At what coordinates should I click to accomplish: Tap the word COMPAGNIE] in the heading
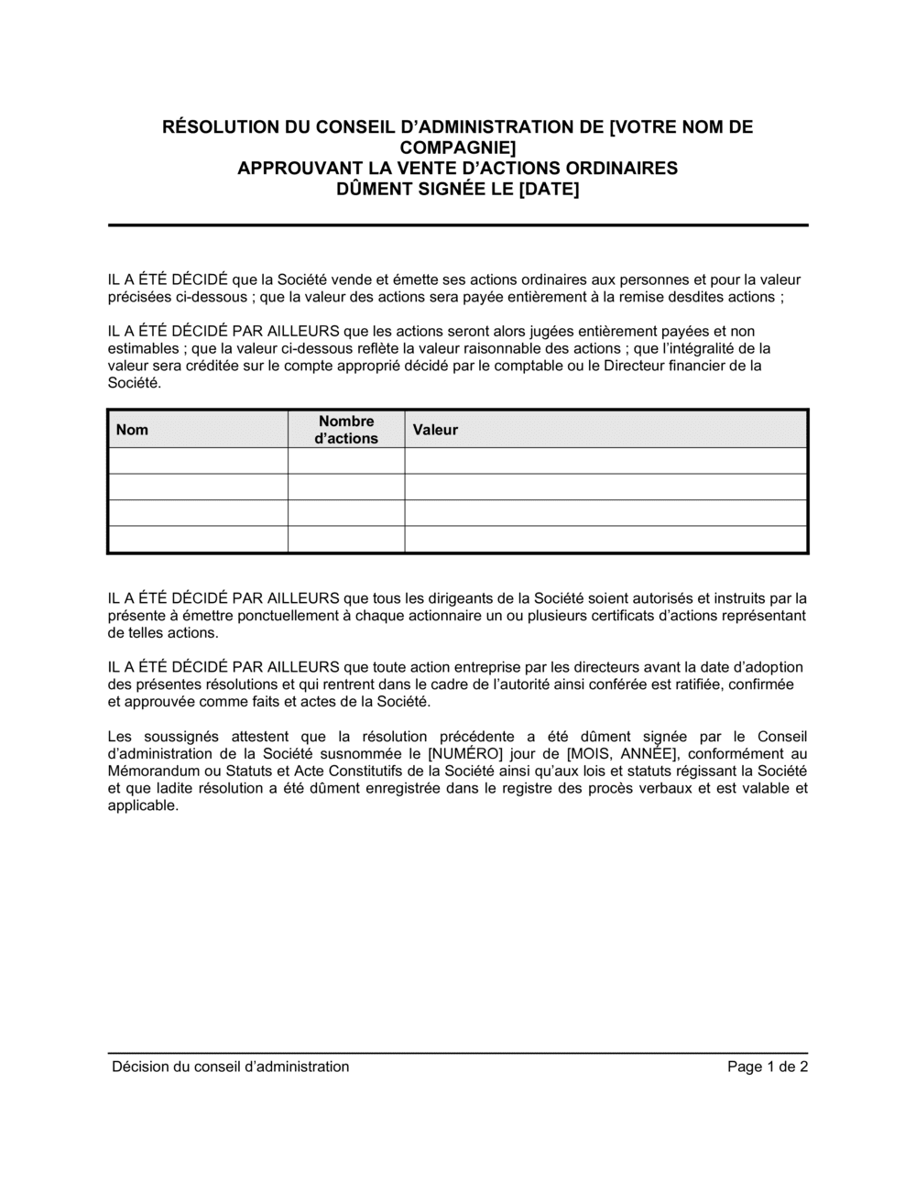[x=458, y=148]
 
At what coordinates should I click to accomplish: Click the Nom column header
[x=132, y=430]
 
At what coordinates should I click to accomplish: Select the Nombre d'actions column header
[x=346, y=430]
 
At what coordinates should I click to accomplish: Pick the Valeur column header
[x=435, y=430]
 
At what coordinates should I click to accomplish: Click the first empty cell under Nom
[x=198, y=461]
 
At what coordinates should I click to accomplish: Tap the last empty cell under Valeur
[x=605, y=540]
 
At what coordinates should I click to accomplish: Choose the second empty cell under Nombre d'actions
[x=346, y=487]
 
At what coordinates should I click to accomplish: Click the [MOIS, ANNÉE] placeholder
[x=617, y=753]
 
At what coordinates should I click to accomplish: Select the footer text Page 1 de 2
[x=768, y=1067]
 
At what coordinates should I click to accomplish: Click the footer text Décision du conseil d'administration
[x=230, y=1067]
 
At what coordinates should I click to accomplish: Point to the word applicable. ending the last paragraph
[x=143, y=805]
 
